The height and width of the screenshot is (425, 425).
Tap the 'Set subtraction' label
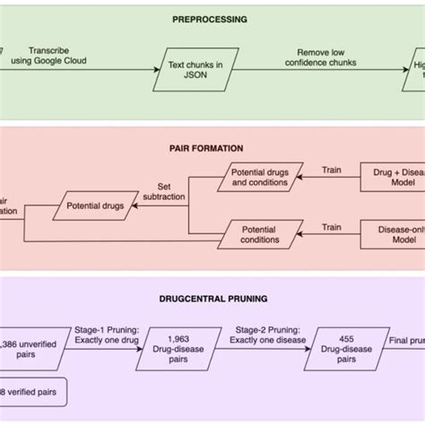[x=164, y=193]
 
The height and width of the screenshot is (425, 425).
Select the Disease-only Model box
[x=395, y=235]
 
